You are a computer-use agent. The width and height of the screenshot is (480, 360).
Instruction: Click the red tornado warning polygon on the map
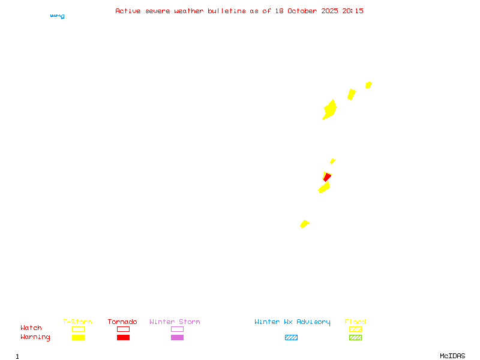[326, 176]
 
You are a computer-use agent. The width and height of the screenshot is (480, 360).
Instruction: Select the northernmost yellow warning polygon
[368, 85]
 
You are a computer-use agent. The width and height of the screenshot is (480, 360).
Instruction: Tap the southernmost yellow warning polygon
[304, 224]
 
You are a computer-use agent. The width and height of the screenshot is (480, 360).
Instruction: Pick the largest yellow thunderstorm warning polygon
[329, 110]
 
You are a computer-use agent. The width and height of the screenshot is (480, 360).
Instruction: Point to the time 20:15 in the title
[353, 11]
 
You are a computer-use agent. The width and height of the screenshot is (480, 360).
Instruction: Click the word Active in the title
[128, 11]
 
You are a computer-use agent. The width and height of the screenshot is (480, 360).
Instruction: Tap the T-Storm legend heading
[77, 322]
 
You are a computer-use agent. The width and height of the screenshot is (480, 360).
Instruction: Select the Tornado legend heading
[122, 322]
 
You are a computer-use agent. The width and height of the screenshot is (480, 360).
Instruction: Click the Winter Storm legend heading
[175, 322]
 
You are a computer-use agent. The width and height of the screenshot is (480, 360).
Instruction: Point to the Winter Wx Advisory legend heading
[292, 322]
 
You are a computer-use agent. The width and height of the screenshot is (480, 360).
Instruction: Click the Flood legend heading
[355, 322]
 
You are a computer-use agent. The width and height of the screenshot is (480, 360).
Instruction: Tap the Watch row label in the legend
[31, 328]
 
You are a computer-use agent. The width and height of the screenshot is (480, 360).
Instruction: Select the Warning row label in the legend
[35, 337]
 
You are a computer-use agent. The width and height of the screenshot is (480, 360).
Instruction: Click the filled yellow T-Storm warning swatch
[78, 338]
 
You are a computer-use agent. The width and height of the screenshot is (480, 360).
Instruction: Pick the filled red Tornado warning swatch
[123, 338]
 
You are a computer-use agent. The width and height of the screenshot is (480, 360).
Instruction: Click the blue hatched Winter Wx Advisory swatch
[291, 338]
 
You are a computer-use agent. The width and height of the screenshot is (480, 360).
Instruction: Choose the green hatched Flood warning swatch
[355, 338]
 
